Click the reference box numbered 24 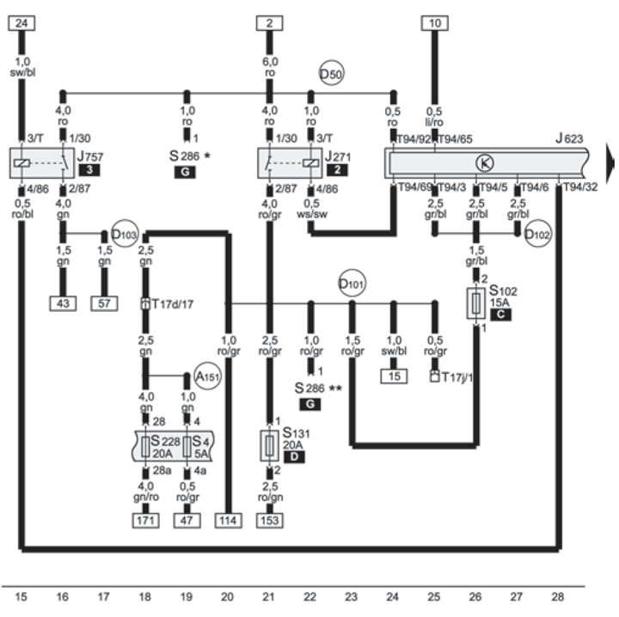(21, 23)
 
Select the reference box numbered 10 (434, 23)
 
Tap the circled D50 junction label (331, 75)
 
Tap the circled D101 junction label (351, 282)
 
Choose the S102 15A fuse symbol (477, 304)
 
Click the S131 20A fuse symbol (269, 445)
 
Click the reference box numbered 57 (104, 303)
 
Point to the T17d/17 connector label (174, 303)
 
